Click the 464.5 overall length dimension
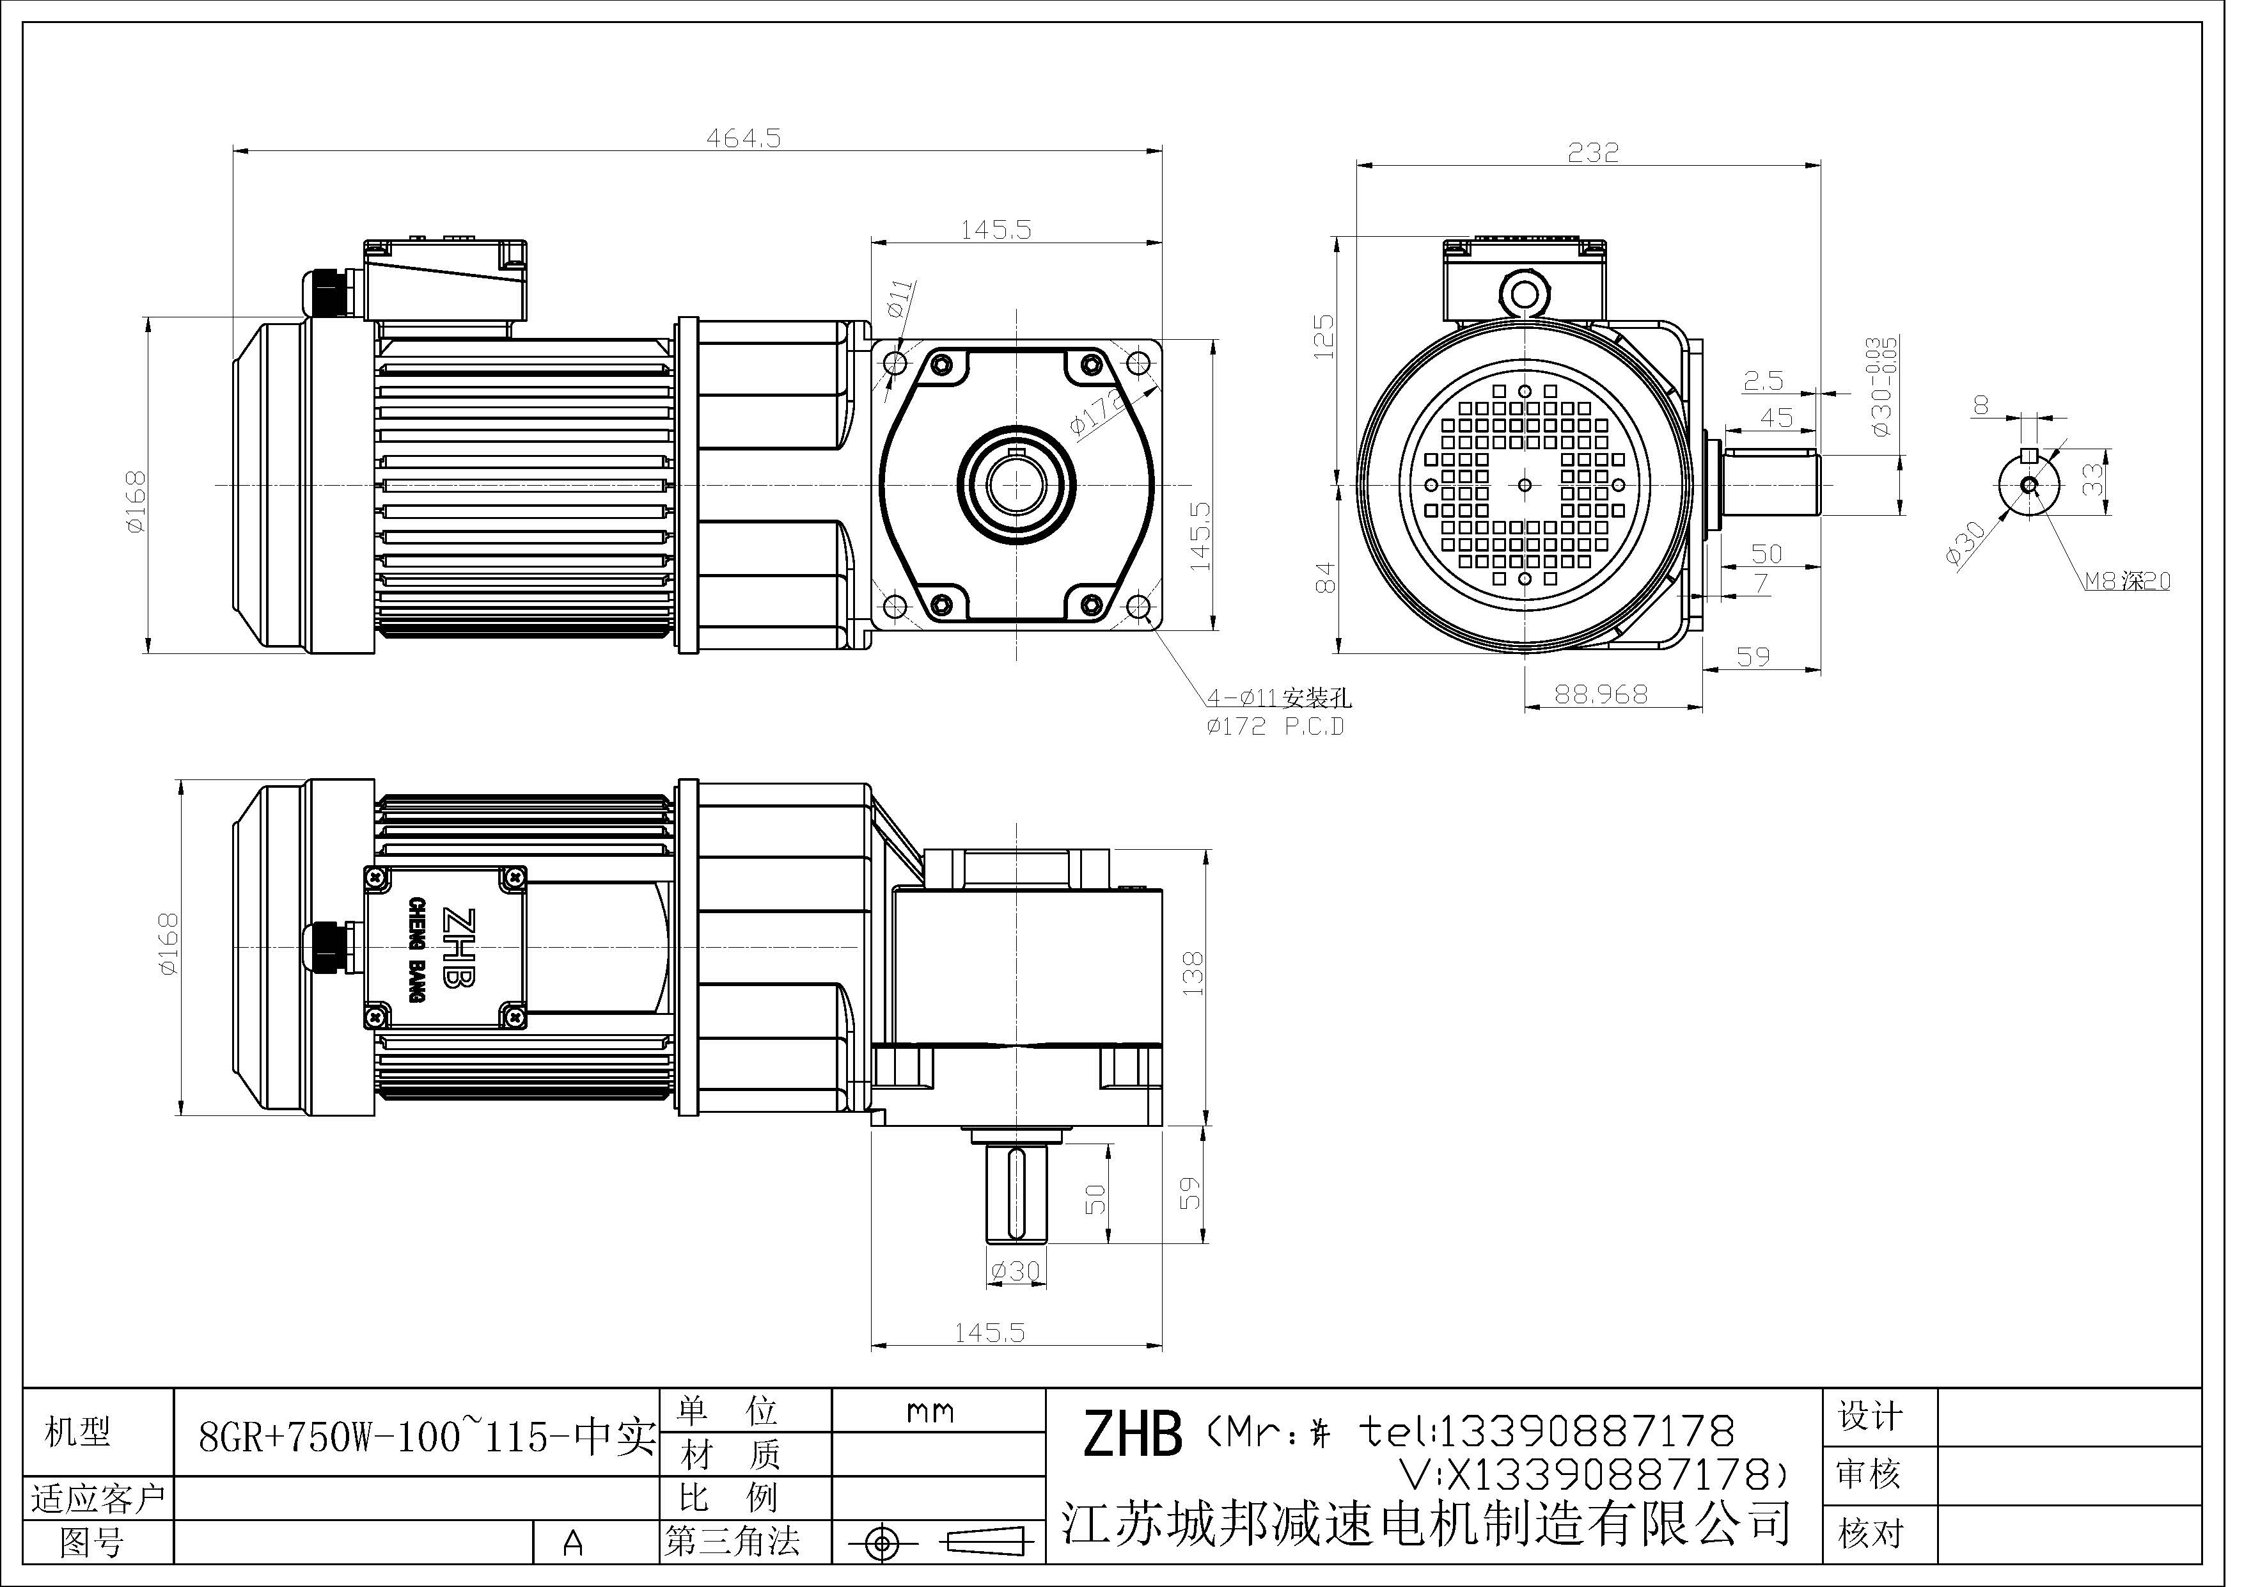pyautogui.click(x=743, y=139)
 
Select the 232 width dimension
pyautogui.click(x=1592, y=152)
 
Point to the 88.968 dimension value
pyautogui.click(x=1600, y=694)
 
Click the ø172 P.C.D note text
pyautogui.click(x=1275, y=726)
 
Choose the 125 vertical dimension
pyautogui.click(x=1323, y=337)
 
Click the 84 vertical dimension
pyautogui.click(x=1323, y=577)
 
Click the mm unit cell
pyautogui.click(x=929, y=1412)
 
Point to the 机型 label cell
pyautogui.click(x=78, y=1433)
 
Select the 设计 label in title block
pyautogui.click(x=1871, y=1416)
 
